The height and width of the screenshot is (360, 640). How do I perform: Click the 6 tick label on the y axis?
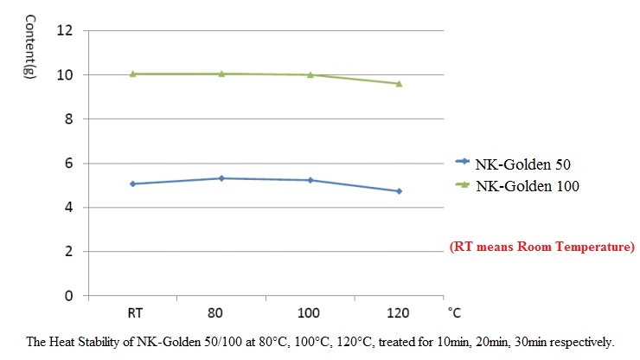coord(67,163)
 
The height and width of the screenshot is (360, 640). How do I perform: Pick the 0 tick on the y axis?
coord(67,295)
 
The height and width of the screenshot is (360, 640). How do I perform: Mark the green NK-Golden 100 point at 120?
coord(399,83)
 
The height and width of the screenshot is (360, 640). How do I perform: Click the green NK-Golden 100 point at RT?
coord(133,74)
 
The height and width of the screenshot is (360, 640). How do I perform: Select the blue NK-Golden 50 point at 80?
coord(221,178)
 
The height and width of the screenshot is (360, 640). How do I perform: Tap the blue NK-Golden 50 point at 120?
coord(399,190)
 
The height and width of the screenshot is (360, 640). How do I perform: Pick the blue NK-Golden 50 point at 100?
coord(310,180)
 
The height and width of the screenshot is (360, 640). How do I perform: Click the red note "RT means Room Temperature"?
coord(542,247)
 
